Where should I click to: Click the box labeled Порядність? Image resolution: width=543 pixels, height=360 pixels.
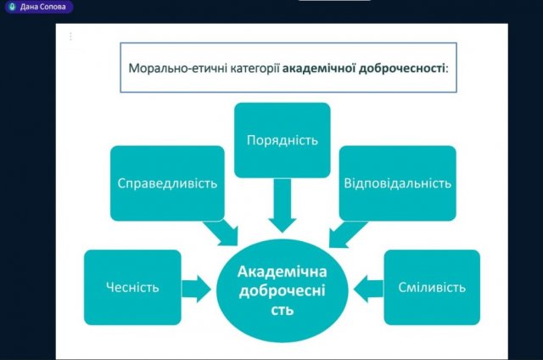click(x=283, y=140)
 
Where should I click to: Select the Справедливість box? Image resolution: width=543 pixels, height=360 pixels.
click(x=167, y=183)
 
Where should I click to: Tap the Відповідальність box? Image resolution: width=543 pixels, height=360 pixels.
click(x=398, y=183)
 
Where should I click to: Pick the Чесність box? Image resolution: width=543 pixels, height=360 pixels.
click(x=132, y=287)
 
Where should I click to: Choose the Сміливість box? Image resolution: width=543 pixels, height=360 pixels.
click(x=432, y=287)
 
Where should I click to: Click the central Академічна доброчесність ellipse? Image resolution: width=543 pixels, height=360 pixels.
click(x=283, y=290)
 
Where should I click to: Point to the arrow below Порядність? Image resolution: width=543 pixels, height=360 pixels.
click(x=283, y=205)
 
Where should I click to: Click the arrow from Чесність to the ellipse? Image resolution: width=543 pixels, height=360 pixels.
click(x=196, y=289)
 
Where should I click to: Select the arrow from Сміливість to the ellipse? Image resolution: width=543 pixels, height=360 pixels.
click(x=369, y=289)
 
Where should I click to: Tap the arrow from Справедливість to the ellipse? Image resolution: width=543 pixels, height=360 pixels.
click(x=222, y=233)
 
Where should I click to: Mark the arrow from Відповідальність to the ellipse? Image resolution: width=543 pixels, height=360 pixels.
click(x=346, y=234)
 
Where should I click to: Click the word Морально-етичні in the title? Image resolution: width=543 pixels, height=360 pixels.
click(x=178, y=68)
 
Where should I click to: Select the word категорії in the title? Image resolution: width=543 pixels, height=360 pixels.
click(x=255, y=69)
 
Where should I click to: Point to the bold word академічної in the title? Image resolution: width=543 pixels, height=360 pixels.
click(x=319, y=68)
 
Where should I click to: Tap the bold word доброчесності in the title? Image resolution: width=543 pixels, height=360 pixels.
click(x=401, y=69)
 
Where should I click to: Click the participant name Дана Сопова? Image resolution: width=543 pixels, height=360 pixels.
click(x=43, y=7)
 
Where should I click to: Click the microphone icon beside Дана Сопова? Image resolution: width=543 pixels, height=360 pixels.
click(x=13, y=7)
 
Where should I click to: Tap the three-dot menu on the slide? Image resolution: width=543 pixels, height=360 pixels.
click(x=70, y=37)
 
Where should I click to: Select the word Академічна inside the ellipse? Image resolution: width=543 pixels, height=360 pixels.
click(x=283, y=272)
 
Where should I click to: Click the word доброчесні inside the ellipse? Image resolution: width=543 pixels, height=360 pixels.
click(x=283, y=290)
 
